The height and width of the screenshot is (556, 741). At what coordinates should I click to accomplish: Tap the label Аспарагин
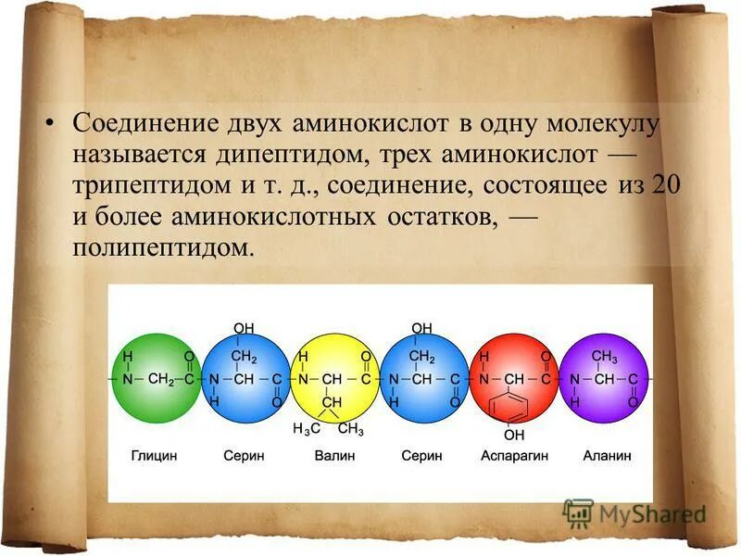515,456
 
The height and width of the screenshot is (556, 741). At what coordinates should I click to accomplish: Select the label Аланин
607,456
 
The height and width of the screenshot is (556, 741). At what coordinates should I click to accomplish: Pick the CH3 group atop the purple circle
604,356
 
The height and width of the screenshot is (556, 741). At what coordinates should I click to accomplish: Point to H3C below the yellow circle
306,430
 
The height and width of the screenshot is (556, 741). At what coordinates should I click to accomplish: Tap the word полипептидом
162,247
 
